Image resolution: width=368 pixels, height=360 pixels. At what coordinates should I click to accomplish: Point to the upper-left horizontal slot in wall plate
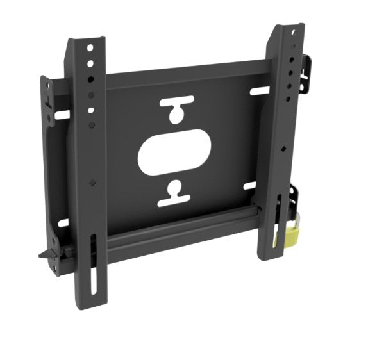pyautogui.click(x=62, y=115)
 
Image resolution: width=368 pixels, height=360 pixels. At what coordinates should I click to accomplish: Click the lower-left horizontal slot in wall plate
pyautogui.click(x=63, y=224)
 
